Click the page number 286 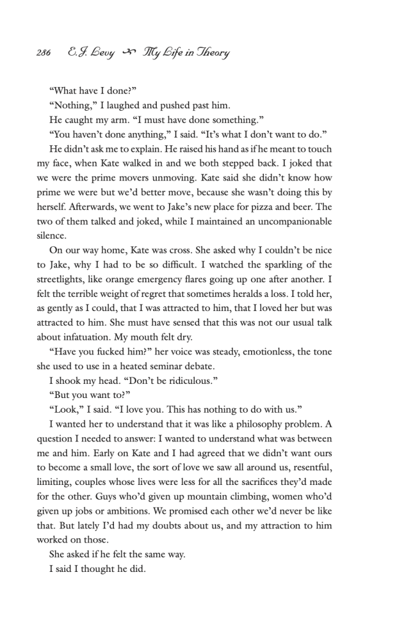click(x=43, y=53)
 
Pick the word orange click(x=130, y=279)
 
